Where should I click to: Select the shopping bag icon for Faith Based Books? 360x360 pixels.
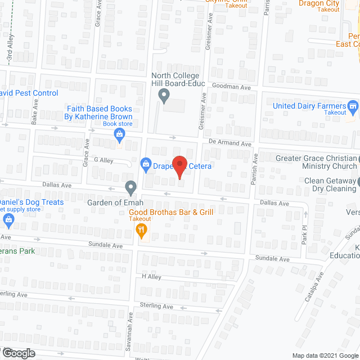pos(119,134)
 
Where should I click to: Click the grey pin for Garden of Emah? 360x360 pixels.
pos(130,186)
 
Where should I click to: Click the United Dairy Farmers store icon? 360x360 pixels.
pos(353,106)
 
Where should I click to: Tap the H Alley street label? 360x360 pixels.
pos(151,277)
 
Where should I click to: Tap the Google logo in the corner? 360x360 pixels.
pos(18,353)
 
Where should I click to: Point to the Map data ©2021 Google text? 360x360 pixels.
pos(323,355)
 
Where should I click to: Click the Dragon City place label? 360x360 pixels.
pos(319,3)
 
